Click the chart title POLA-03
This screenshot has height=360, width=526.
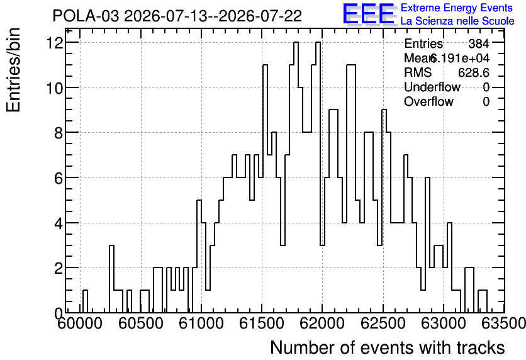coord(86,16)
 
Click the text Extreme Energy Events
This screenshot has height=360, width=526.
coord(457,8)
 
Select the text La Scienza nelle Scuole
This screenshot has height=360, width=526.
coord(457,21)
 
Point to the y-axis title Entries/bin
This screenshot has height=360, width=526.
coord(13,70)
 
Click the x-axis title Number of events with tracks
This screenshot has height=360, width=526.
coord(388,347)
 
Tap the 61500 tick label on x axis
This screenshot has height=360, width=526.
coord(262,323)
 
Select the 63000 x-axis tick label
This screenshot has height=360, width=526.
coord(443,323)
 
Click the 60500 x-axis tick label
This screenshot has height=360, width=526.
coord(141,323)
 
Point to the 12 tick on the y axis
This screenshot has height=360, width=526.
coord(56,43)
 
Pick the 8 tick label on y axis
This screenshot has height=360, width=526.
coord(59,133)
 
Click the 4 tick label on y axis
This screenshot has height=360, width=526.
coord(59,223)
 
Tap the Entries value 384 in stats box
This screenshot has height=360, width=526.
coord(479,43)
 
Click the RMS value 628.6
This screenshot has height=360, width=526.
coord(474,72)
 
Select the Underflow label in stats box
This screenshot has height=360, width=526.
coord(432,87)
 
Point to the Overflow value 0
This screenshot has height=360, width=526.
coord(486,101)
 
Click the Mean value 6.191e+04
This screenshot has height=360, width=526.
coord(459,58)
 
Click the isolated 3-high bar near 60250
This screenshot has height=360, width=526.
coord(112,279)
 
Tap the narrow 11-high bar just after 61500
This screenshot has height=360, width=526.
coord(265,189)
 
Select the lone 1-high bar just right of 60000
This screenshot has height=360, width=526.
coord(85,301)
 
